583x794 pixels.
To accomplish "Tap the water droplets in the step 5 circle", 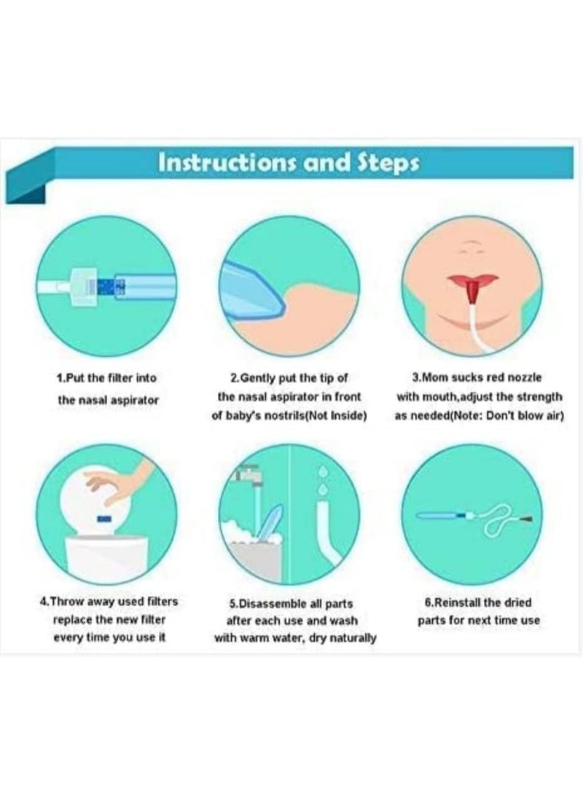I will pyautogui.click(x=324, y=477).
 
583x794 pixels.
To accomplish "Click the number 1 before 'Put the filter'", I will pyautogui.click(x=58, y=378).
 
